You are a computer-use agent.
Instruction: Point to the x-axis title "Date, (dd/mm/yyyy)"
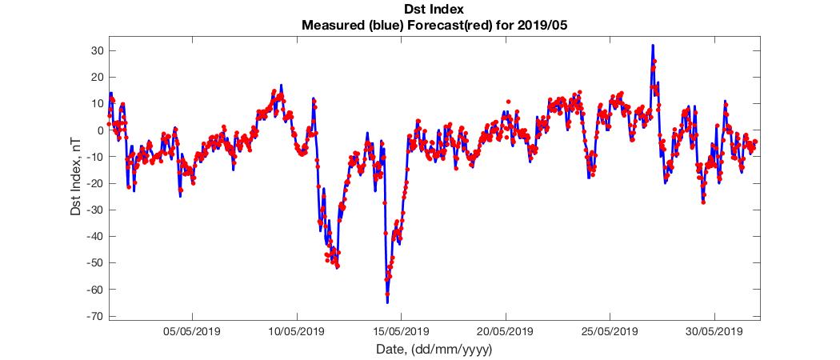434,350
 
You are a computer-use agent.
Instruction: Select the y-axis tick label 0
96,130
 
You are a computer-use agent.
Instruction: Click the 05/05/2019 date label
192,331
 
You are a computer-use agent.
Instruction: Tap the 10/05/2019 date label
296,331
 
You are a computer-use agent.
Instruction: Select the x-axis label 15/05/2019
401,331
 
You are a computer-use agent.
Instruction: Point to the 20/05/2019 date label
505,331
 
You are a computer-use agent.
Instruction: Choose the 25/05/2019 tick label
610,331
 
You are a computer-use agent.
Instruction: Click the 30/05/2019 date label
714,331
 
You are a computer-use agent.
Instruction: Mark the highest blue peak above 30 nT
653,46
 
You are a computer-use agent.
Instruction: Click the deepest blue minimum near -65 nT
387,302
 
